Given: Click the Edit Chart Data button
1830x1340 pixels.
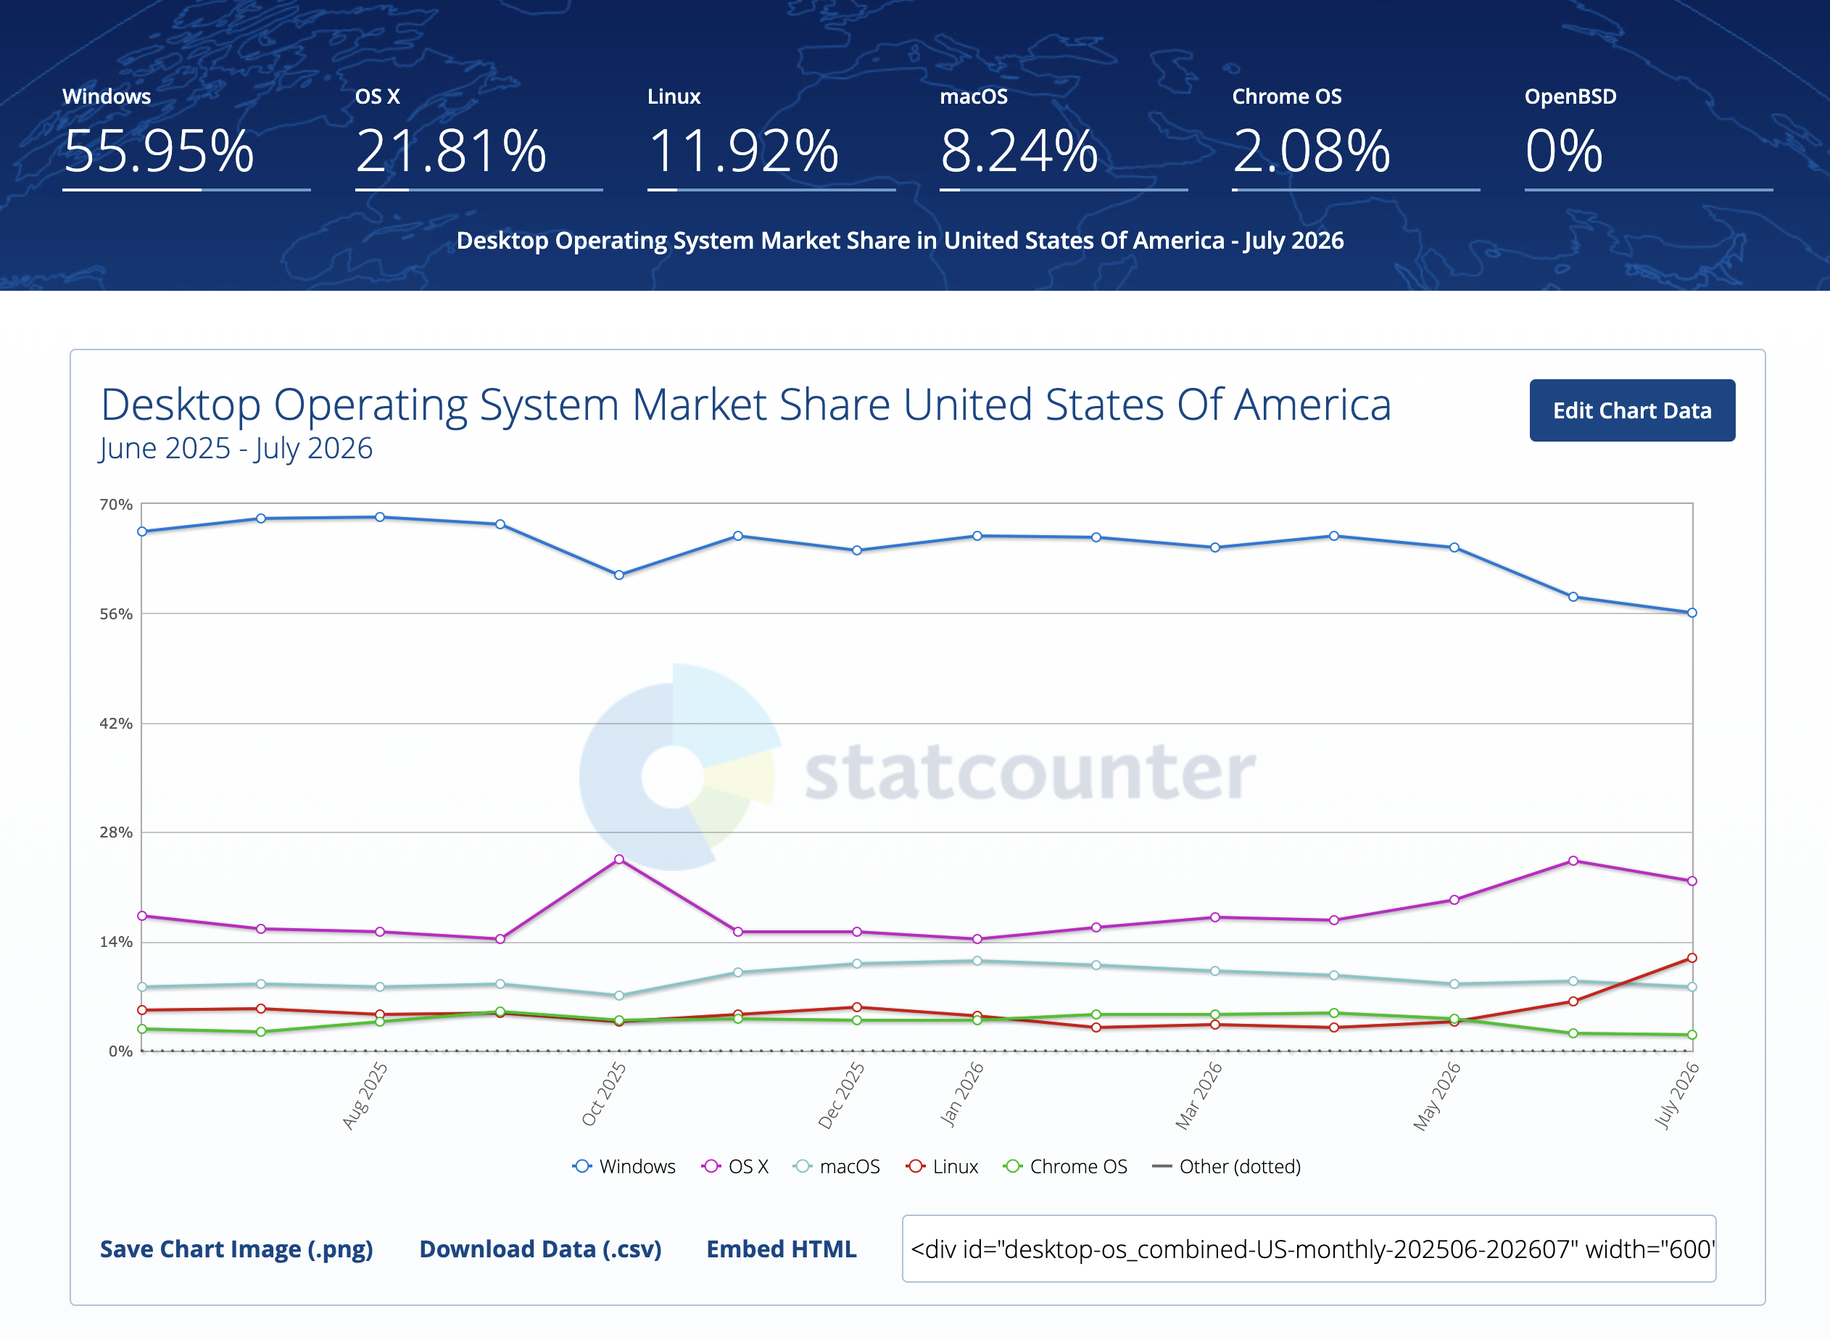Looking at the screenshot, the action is click(x=1632, y=410).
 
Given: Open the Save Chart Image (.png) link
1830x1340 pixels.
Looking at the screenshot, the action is click(x=236, y=1249).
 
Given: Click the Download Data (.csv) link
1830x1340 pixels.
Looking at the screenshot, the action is click(x=540, y=1249).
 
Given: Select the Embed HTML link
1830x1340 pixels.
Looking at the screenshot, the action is click(x=781, y=1249).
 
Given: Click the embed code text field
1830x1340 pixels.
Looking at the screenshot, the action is click(x=1309, y=1249).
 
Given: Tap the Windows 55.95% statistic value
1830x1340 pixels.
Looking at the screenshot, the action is click(x=159, y=151).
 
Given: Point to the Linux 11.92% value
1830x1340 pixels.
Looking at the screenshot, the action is click(x=743, y=151).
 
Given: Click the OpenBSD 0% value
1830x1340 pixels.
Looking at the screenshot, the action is click(x=1564, y=151).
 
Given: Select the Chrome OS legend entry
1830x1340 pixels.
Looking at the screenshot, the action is click(x=1065, y=1167).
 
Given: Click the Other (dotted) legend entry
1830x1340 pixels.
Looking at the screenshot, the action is click(x=1227, y=1167).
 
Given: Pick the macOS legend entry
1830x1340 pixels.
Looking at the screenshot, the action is click(x=836, y=1167).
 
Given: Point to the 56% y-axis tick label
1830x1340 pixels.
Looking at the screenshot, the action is click(x=116, y=614).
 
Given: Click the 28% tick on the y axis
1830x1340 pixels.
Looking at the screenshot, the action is click(x=116, y=832).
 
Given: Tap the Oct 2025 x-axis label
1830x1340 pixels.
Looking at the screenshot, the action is click(x=603, y=1094).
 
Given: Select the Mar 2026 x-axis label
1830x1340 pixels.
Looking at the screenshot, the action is click(x=1199, y=1095).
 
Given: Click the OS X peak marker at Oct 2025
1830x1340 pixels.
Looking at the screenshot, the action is click(x=619, y=860).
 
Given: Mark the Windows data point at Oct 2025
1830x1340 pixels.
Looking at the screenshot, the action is click(x=619, y=575).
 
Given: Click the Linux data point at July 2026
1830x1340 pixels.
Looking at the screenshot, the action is click(x=1692, y=958).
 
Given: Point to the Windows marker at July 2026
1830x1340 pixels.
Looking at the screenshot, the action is click(x=1692, y=613).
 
